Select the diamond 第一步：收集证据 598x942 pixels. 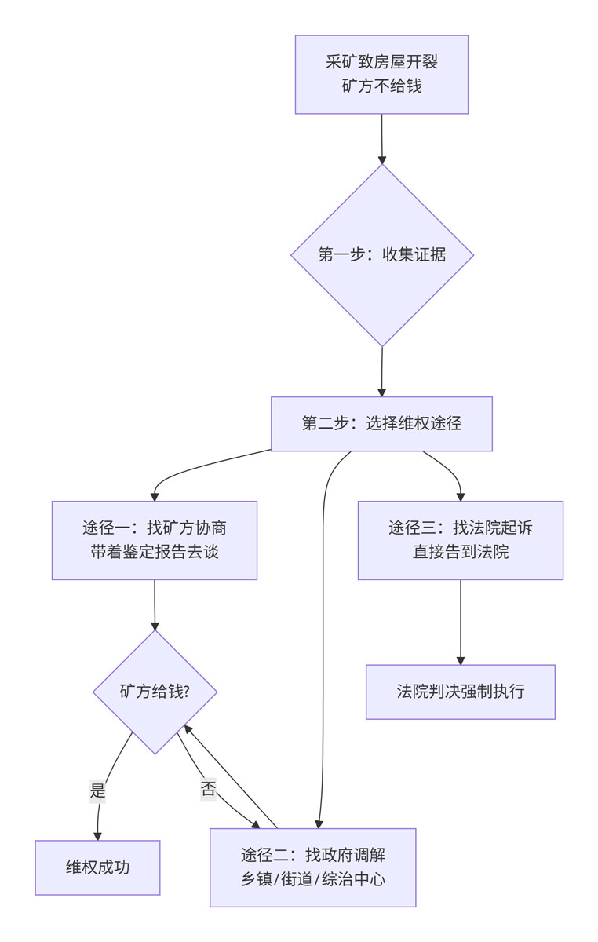[x=382, y=254]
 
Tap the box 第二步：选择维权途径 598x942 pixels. [x=381, y=424]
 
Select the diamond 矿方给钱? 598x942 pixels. [x=155, y=692]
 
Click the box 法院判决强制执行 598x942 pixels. [x=460, y=692]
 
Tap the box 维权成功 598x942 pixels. [x=97, y=867]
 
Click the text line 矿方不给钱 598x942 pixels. [x=381, y=86]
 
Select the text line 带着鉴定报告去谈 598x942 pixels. [x=155, y=552]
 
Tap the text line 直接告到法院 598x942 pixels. [x=460, y=552]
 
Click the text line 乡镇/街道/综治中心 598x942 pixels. [x=312, y=879]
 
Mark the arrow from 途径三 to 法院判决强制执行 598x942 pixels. [x=460, y=620]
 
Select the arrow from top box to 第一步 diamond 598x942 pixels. [x=382, y=137]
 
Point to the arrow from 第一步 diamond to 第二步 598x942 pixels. [x=382, y=371]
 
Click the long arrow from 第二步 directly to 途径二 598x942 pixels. [x=323, y=628]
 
